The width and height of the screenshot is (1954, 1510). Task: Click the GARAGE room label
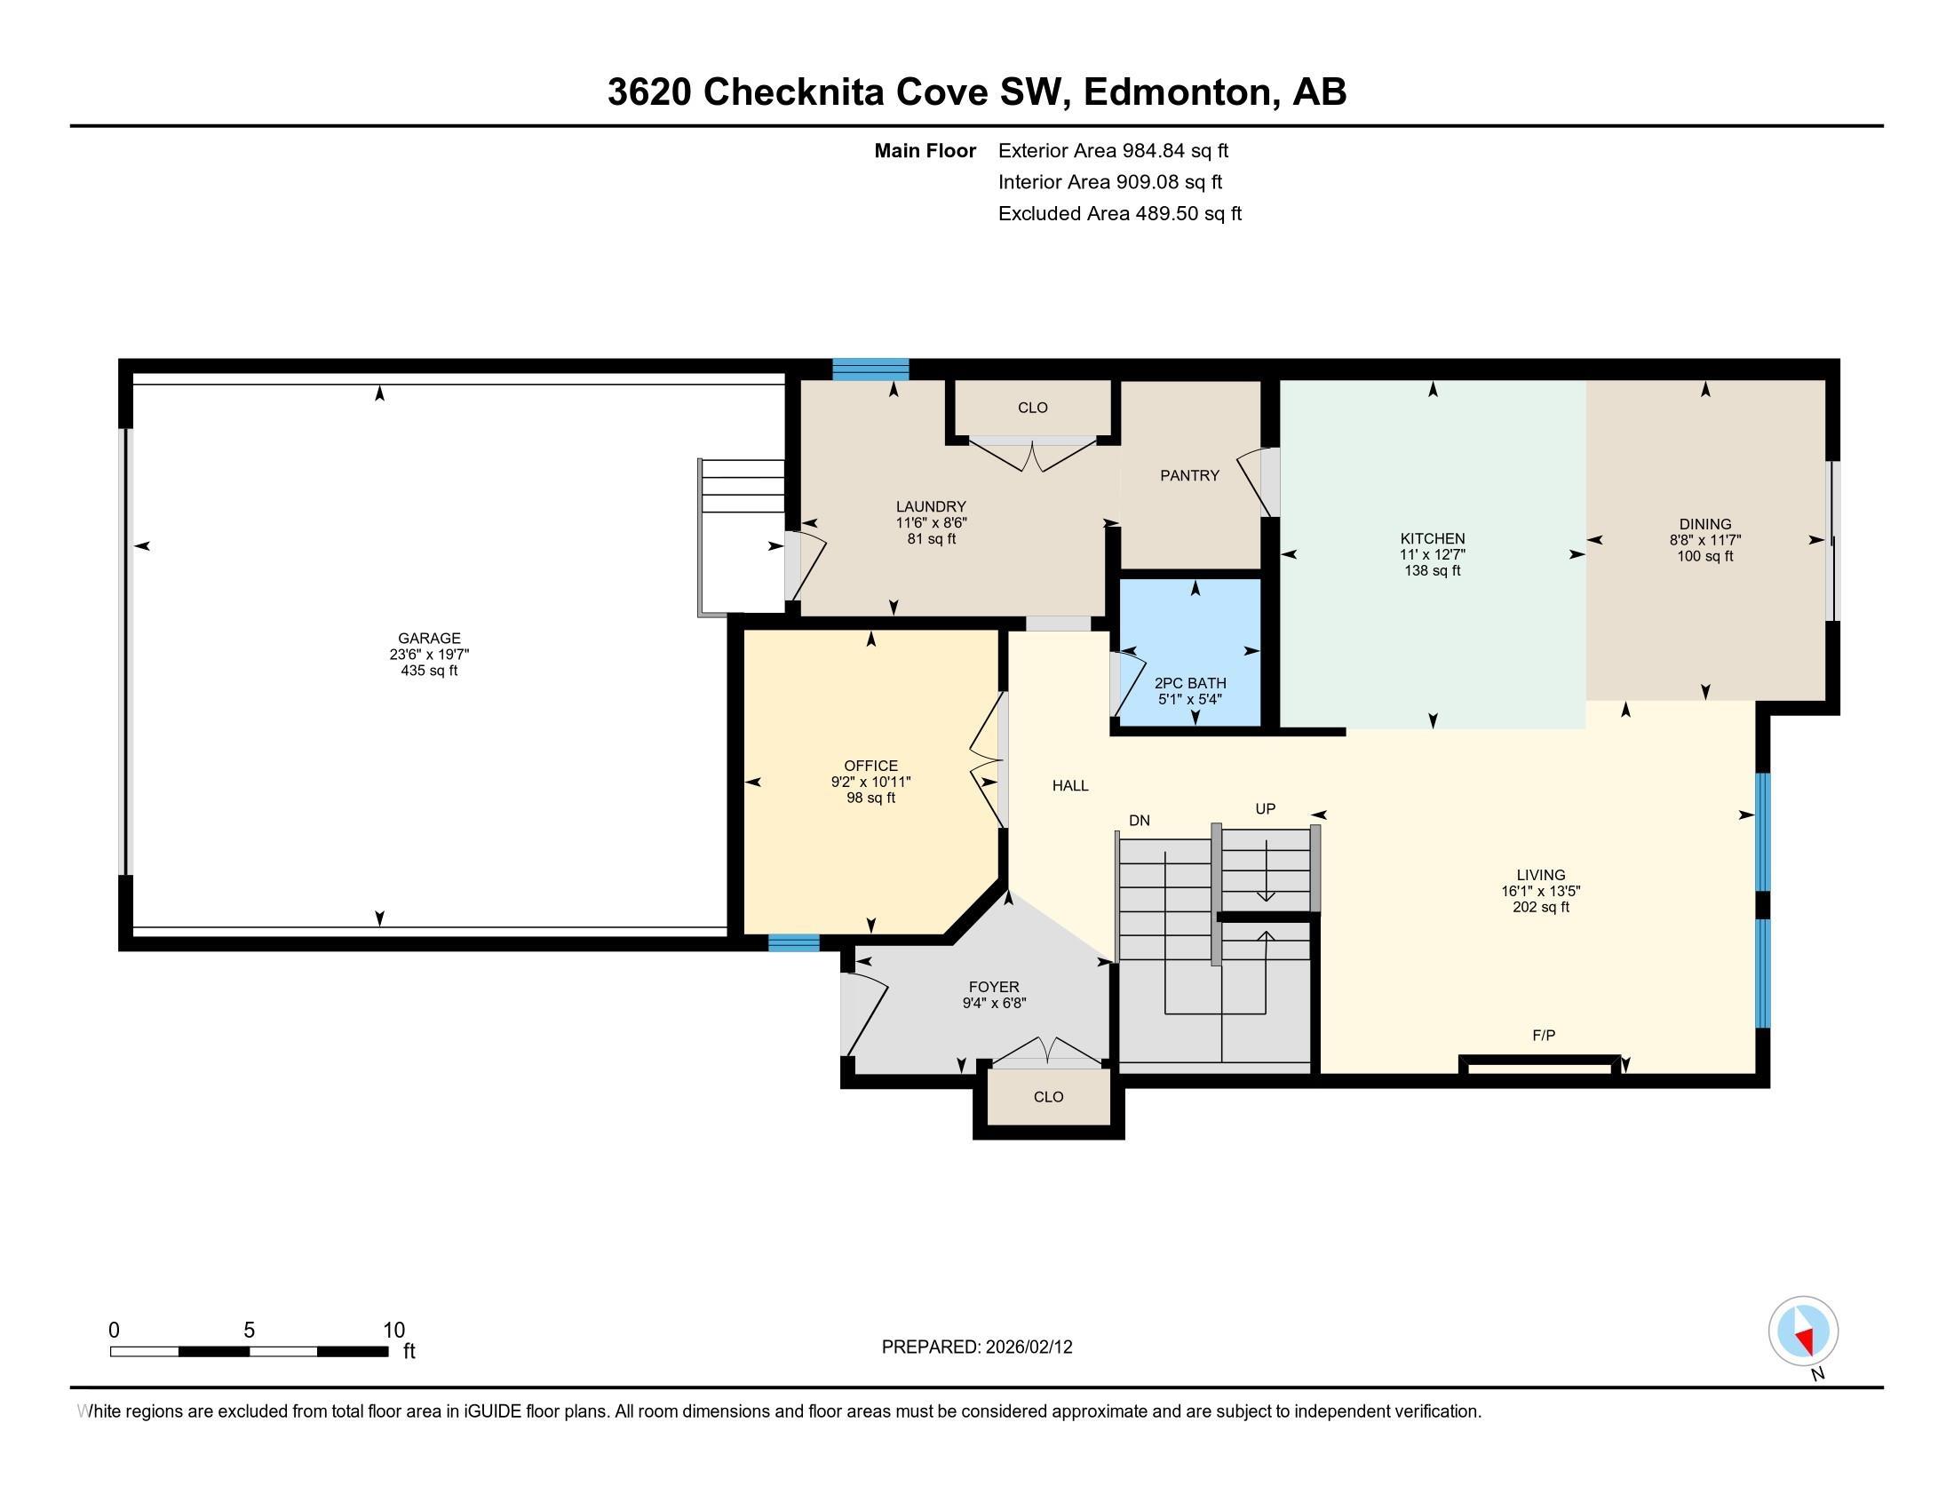pos(430,638)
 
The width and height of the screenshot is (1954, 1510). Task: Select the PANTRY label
pos(1189,475)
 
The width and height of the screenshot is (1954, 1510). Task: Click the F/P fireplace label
pos(1544,1035)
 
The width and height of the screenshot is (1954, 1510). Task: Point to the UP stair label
pos(1264,808)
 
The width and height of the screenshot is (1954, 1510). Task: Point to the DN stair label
pos(1139,821)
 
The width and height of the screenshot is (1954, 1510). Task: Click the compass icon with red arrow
pos(1803,1331)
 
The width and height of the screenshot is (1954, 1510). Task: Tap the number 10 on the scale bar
pos(393,1330)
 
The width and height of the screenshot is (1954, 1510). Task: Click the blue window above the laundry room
pos(870,369)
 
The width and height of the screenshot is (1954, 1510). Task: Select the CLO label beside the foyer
pos(1048,1097)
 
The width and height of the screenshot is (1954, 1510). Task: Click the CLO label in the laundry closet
pos(1031,408)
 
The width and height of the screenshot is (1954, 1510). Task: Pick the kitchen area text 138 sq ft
pos(1432,571)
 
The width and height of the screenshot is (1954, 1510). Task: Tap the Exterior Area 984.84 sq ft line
pos(1113,151)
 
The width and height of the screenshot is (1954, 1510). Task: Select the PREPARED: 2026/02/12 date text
pos(976,1347)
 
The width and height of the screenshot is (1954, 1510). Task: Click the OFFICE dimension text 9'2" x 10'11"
pos(870,782)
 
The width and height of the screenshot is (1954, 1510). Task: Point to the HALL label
pos(1070,785)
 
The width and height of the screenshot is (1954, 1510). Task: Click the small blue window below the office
pos(793,942)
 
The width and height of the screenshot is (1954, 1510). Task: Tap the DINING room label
pos(1704,524)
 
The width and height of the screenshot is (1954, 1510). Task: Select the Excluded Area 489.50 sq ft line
pos(1119,214)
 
